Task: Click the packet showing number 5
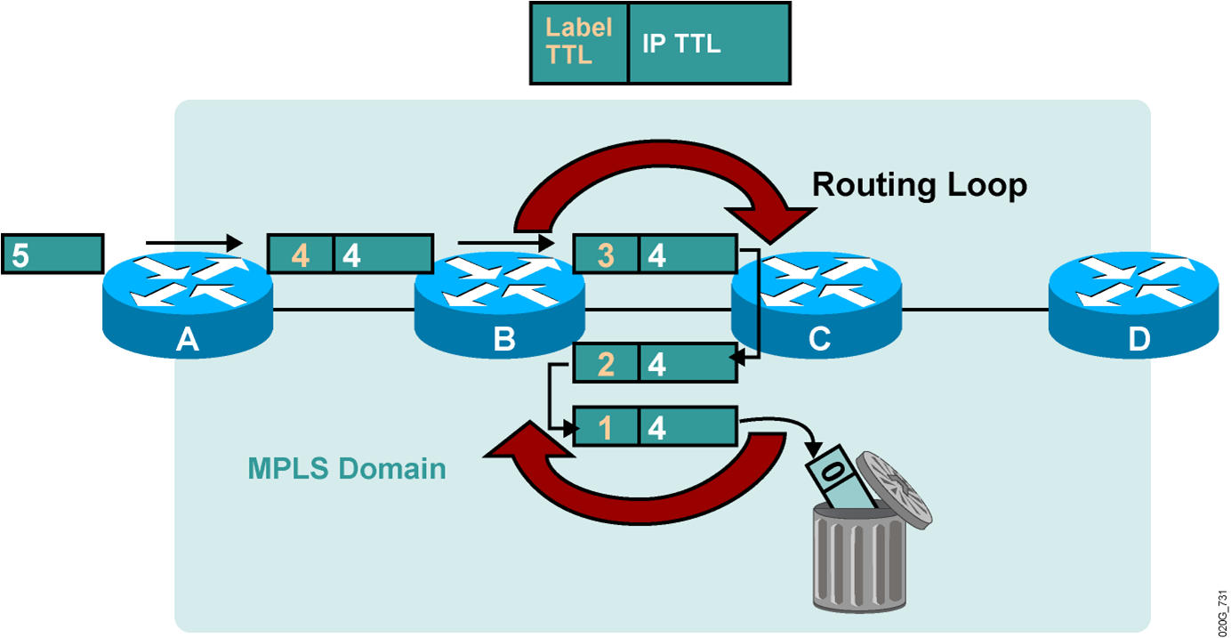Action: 52,254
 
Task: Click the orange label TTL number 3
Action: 606,255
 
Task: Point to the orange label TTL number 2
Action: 606,364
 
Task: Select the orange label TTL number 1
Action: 606,428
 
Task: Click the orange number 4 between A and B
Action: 301,255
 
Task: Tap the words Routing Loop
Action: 920,184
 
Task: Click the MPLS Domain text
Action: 347,468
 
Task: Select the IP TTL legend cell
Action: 709,44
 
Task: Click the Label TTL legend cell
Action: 579,44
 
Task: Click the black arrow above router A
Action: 193,241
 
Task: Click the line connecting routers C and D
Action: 974,310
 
